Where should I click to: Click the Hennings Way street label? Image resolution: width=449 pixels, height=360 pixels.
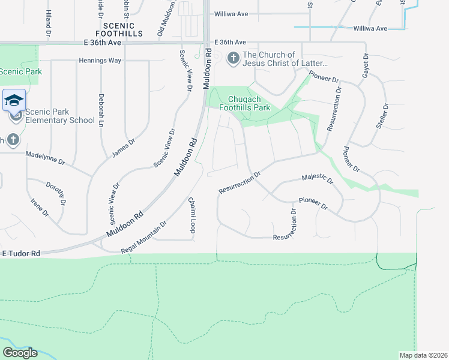pos(100,61)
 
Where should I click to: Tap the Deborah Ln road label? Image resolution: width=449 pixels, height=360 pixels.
pos(101,110)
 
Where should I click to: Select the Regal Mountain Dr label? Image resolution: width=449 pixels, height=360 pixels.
pos(143,233)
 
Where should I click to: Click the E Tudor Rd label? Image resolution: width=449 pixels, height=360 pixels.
pos(20,254)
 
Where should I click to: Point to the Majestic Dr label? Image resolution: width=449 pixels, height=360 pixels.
pos(317,178)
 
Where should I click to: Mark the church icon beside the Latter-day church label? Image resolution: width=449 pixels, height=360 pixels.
pos(232,59)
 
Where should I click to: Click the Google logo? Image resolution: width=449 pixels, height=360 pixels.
pos(19,353)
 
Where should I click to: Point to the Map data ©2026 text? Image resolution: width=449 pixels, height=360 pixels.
pos(423,355)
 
